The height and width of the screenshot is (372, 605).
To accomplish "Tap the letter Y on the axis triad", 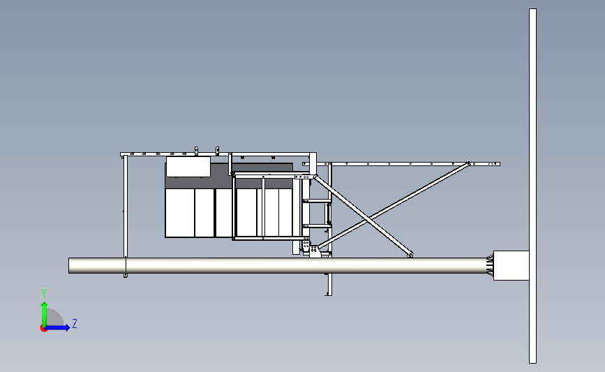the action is [x=44, y=294].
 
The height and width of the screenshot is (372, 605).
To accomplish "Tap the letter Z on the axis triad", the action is [x=75, y=323].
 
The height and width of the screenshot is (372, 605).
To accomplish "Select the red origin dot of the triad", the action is [x=43, y=329].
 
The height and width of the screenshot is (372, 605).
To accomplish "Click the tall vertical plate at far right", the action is [x=532, y=186].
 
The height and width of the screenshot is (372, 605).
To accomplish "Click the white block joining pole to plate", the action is [x=511, y=265].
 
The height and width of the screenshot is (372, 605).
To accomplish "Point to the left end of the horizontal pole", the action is [x=70, y=265].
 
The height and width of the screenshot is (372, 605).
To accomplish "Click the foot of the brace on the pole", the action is [x=410, y=254].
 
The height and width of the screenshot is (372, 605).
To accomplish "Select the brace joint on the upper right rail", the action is [x=469, y=163].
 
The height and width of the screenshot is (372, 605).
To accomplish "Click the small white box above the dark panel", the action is [x=188, y=166].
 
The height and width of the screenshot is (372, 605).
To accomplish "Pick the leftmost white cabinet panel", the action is [x=180, y=213].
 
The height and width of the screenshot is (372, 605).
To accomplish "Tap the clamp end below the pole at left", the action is [x=126, y=275].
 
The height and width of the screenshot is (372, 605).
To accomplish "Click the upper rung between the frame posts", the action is [x=317, y=201].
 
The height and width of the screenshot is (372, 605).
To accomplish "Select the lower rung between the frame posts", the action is [x=317, y=225].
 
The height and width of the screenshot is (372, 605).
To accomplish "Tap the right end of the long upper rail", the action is [x=498, y=164].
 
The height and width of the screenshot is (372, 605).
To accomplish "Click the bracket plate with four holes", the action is [x=306, y=245].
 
